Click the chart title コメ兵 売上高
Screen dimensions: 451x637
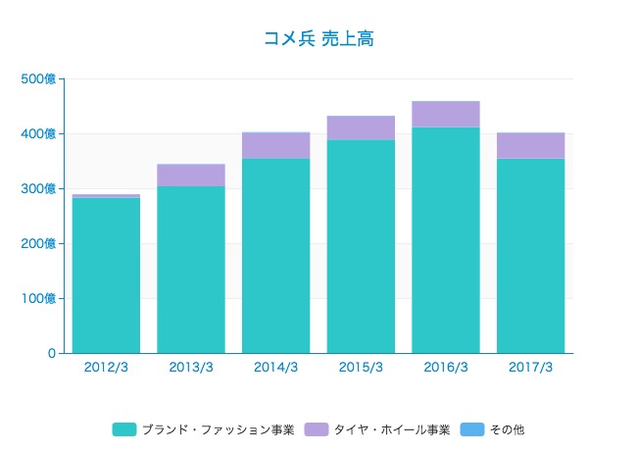coord(318,39)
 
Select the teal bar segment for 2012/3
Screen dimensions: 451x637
coord(106,276)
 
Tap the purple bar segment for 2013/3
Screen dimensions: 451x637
coord(191,175)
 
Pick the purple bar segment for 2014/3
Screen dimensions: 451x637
coord(275,145)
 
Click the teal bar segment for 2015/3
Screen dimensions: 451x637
coord(361,246)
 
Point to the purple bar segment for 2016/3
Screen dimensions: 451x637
coord(446,114)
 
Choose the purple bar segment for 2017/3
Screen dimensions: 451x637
coord(530,145)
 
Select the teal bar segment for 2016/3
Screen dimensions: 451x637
coord(446,240)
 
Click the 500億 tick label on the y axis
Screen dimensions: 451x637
coord(38,78)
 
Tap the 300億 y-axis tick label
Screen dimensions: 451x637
coord(38,188)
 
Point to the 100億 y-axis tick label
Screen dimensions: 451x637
coord(38,298)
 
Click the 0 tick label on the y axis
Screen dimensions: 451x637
coord(50,353)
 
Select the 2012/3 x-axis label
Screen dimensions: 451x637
coord(106,368)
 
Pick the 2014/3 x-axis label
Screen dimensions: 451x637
coord(275,368)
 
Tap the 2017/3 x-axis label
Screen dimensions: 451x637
coord(530,368)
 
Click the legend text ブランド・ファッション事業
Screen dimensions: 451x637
coord(218,429)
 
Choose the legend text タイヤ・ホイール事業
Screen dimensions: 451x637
coord(391,429)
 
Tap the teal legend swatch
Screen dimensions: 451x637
coord(124,429)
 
